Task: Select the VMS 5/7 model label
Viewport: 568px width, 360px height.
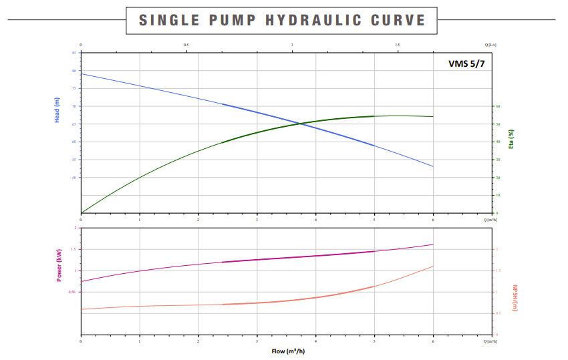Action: click(466, 64)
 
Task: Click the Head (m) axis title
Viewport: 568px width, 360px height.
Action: click(57, 110)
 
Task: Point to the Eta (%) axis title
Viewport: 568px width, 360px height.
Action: click(511, 140)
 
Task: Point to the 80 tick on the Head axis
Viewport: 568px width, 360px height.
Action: click(74, 70)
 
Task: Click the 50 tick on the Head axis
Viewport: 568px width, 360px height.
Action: click(74, 178)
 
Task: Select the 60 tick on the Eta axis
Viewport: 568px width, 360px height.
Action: click(497, 106)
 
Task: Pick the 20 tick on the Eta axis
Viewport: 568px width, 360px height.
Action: click(497, 178)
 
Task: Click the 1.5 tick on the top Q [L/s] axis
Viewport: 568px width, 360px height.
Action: click(398, 45)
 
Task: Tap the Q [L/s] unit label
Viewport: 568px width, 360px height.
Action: click(490, 45)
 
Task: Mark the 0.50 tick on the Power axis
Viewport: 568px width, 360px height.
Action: click(72, 292)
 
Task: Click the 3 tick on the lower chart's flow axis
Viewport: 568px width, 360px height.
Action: click(257, 341)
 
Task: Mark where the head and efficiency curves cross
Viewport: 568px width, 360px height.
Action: click(305, 123)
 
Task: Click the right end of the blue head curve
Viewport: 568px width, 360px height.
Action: click(433, 166)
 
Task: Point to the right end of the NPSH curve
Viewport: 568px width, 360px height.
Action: click(433, 266)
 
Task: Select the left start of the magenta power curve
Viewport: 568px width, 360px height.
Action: click(81, 281)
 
